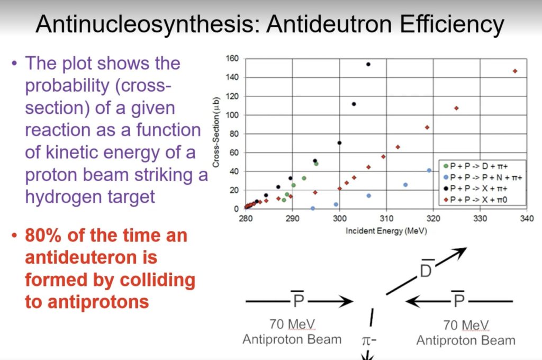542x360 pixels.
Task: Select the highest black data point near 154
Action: coord(368,64)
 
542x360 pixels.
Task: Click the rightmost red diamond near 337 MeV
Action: coord(514,71)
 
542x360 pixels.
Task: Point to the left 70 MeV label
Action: coord(292,324)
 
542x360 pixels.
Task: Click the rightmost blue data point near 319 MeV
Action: coord(429,170)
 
